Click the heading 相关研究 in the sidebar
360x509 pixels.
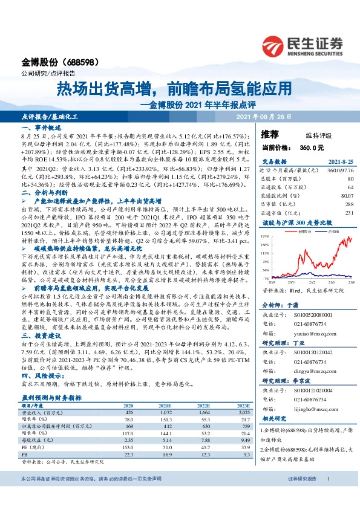pos(275,417)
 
